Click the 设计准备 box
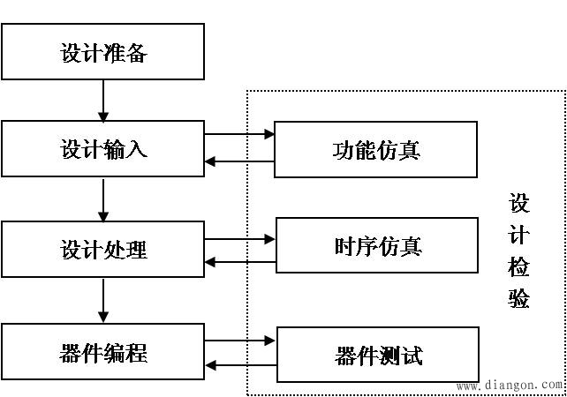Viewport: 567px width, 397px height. coord(103,53)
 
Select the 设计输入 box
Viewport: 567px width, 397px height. coord(103,149)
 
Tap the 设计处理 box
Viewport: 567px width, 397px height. coord(103,250)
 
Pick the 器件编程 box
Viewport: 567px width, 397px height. coord(103,354)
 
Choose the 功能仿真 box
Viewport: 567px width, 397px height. coord(376,149)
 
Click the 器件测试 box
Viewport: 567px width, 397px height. coord(378,356)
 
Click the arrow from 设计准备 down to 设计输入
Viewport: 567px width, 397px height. coord(103,101)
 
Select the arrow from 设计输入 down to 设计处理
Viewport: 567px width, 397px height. coord(103,199)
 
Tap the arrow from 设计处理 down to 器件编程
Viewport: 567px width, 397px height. coord(103,301)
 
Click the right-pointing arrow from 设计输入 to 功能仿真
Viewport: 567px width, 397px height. coord(239,135)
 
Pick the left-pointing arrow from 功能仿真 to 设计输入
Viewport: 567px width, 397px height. coord(239,161)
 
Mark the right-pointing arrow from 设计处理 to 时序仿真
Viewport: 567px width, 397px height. coord(239,238)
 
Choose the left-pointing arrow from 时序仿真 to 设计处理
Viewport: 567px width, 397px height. coord(239,262)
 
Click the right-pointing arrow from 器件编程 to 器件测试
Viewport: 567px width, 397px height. coord(239,340)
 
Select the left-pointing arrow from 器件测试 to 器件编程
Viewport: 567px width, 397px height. coord(239,364)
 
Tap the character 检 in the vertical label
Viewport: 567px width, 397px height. coord(519,267)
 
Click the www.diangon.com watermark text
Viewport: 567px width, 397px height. coord(510,386)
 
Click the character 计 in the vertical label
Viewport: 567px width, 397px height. coord(519,236)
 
